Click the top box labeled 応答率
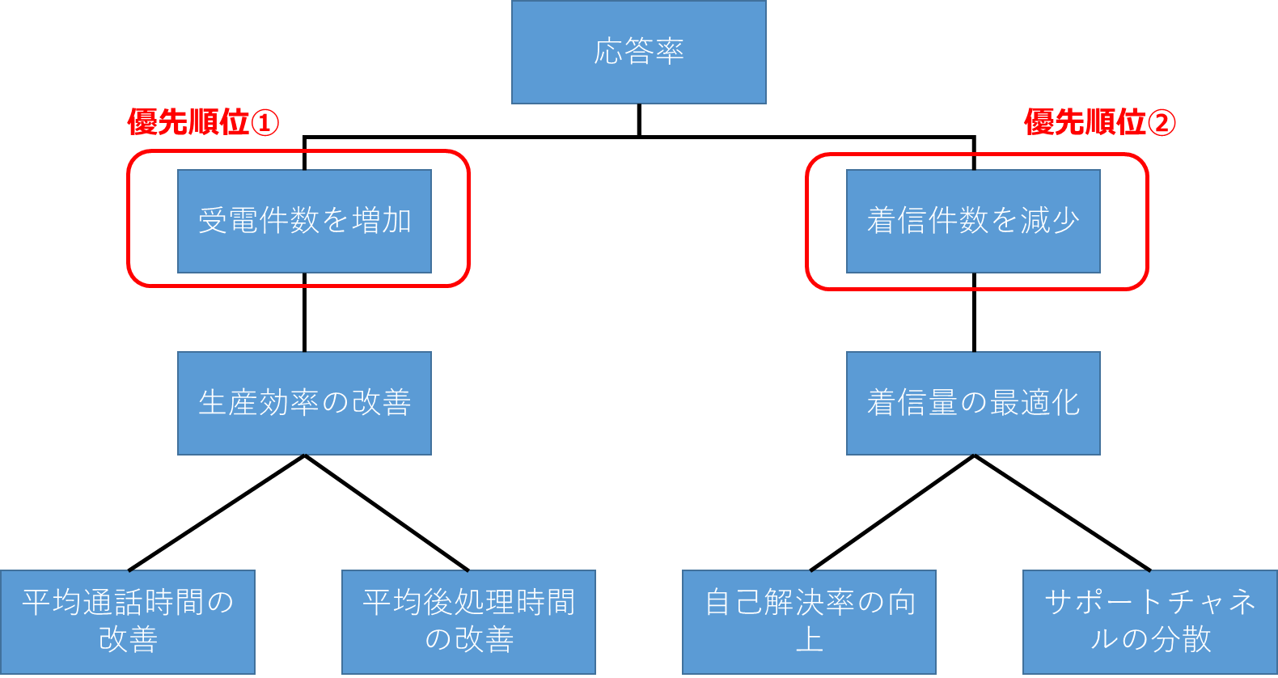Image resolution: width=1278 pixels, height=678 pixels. (x=638, y=52)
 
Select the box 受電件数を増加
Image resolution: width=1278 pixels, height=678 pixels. (x=304, y=221)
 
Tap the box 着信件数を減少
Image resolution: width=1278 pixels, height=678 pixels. (x=973, y=221)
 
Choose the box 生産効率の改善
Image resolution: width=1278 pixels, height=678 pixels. (x=304, y=403)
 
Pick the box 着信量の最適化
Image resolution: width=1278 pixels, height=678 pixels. (x=973, y=403)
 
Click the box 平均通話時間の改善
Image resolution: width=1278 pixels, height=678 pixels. (x=128, y=621)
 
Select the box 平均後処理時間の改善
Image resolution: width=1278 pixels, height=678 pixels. (x=468, y=621)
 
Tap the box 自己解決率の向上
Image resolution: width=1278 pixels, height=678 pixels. (x=809, y=621)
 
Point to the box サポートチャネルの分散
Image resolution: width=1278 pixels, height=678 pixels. (x=1149, y=621)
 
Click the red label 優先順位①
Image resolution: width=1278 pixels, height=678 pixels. (x=203, y=123)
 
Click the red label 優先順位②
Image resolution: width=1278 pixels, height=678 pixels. (x=1099, y=123)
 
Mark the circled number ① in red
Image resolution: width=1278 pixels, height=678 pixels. (x=264, y=123)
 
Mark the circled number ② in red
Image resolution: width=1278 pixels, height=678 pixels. (x=1161, y=123)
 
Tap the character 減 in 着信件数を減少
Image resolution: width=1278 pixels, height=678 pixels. (x=1035, y=221)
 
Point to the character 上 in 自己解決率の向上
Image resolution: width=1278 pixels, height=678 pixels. (x=809, y=640)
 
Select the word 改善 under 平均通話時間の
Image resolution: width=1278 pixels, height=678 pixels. (x=128, y=640)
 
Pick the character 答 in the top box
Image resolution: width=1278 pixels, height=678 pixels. (x=639, y=52)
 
